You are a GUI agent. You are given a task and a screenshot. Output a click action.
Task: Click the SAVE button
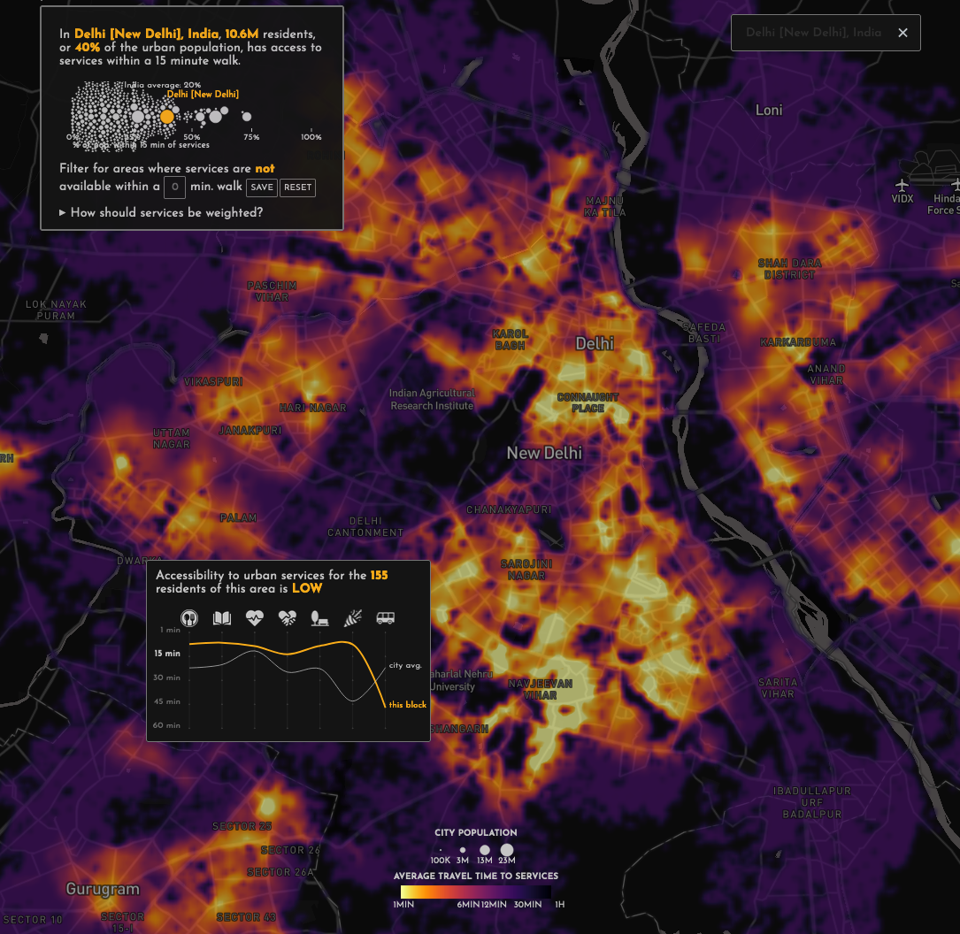[x=262, y=188]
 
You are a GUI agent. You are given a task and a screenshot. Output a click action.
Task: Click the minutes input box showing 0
[x=175, y=187]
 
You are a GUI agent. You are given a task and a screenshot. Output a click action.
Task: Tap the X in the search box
[x=902, y=33]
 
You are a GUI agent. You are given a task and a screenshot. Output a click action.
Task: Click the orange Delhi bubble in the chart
[x=167, y=116]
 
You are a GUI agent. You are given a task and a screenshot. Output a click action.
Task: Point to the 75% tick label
[x=251, y=137]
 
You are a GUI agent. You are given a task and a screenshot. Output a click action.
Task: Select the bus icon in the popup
[x=385, y=618]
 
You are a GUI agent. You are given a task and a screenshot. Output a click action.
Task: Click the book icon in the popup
[x=222, y=618]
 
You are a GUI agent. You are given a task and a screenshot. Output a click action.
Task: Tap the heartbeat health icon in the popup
[x=255, y=618]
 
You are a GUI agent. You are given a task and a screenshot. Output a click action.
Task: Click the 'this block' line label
[x=408, y=705]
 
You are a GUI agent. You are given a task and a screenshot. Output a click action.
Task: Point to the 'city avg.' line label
[x=405, y=665]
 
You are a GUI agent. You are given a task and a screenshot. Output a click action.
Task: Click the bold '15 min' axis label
[x=167, y=654]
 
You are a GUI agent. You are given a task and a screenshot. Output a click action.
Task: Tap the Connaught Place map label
[x=588, y=403]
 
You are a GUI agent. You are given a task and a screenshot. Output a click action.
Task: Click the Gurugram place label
[x=103, y=889]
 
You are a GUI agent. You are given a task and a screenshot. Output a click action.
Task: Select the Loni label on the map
[x=769, y=111]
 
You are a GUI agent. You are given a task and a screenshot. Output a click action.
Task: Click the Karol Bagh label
[x=511, y=340]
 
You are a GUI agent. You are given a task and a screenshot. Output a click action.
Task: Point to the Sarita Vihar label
[x=778, y=688]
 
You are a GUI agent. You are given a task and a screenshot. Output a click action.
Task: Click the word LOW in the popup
[x=307, y=588]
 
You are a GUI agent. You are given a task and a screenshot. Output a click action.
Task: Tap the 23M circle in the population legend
[x=507, y=849]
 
